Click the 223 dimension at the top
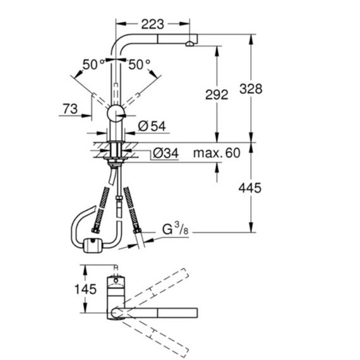(153, 24)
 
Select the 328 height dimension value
(251, 89)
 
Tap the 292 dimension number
(217, 95)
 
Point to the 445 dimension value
(250, 188)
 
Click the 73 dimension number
(70, 109)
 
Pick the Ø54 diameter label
(152, 126)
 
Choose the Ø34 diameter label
(165, 153)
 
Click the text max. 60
(217, 153)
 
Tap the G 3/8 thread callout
(176, 229)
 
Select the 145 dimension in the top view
(85, 289)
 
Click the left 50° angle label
(93, 64)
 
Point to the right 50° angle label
(140, 64)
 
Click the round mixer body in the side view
(116, 114)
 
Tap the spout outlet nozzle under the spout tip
(189, 44)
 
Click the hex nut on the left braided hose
(95, 231)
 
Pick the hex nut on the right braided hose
(137, 231)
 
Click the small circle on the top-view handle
(116, 280)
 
